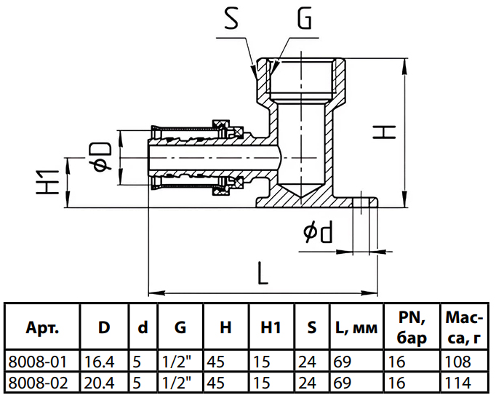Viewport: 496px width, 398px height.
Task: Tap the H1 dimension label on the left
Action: (x=48, y=182)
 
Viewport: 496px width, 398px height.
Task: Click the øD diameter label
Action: (x=103, y=157)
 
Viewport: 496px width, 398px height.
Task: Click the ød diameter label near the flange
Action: (x=318, y=233)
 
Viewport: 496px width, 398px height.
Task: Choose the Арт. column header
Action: (x=42, y=327)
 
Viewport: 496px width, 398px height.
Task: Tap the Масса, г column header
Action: (x=464, y=327)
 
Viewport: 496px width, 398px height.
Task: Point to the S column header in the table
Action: (x=311, y=328)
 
